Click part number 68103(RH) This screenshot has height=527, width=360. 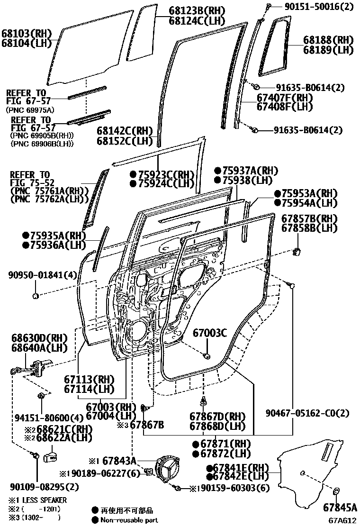tap(27, 34)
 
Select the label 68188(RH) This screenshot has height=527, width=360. tap(328, 40)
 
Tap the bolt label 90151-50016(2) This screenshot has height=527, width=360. tap(319, 6)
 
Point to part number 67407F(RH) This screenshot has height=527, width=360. tap(285, 98)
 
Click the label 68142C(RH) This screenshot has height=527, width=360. tap(125, 131)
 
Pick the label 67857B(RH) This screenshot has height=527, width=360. tap(309, 218)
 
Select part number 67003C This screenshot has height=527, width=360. tap(210, 333)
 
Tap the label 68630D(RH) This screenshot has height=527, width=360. tap(40, 338)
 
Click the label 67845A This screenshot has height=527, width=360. tap(340, 507)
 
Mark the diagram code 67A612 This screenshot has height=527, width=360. tap(342, 520)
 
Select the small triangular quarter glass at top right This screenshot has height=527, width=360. tap(275, 46)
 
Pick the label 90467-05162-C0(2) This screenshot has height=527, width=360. tap(307, 413)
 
